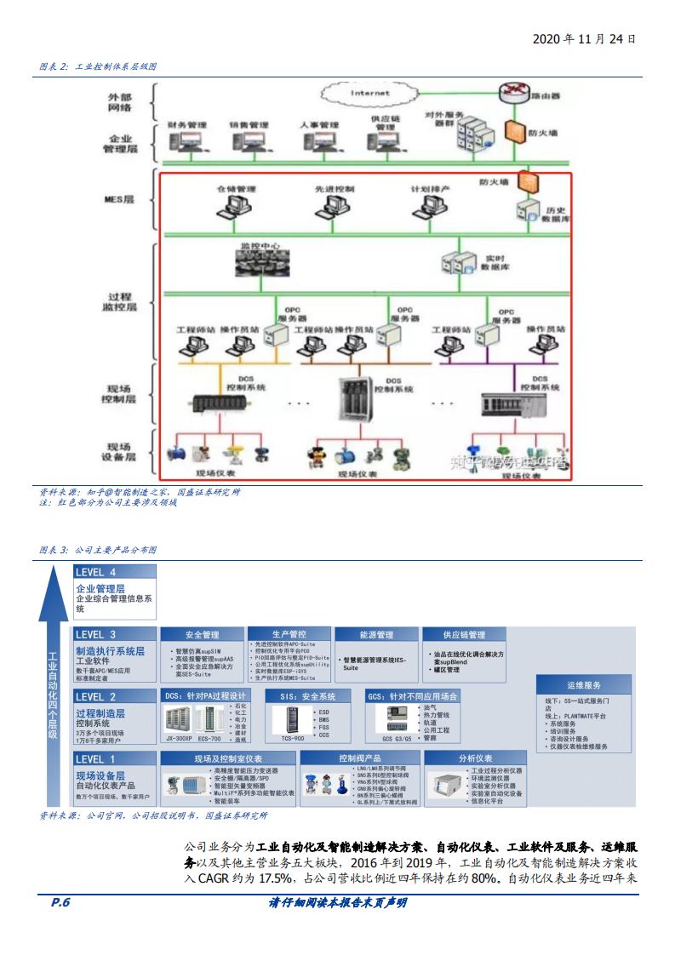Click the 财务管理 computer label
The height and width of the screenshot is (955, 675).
[x=187, y=125]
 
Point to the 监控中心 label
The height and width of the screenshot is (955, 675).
[x=260, y=246]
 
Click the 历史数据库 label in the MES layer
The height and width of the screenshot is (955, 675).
[x=556, y=214]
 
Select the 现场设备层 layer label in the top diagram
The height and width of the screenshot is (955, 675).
[x=119, y=452]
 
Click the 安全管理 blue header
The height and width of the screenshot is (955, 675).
[x=202, y=635]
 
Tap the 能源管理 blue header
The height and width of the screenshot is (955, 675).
[x=375, y=635]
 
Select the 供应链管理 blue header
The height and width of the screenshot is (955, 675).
[x=464, y=635]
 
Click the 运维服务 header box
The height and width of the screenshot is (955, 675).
[x=584, y=684]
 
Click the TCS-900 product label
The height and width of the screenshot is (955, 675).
[x=292, y=739]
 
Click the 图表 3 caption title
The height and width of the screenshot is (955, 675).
[x=98, y=550]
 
